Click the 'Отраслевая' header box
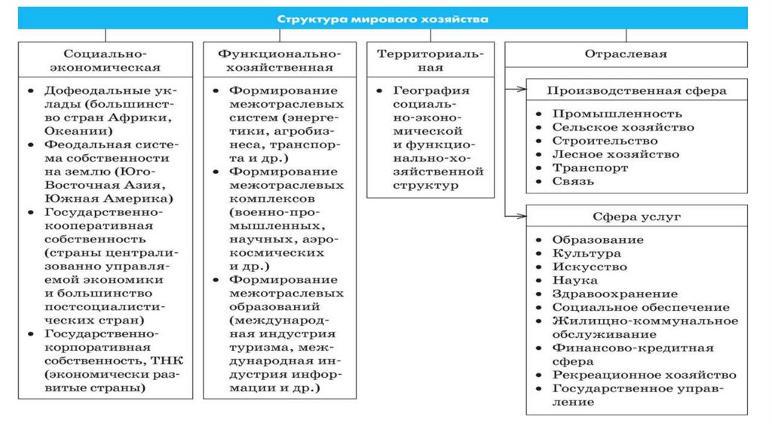coord(625,54)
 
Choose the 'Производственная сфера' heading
coord(636,90)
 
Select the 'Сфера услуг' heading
coord(636,216)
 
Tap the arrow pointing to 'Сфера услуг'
coord(517,216)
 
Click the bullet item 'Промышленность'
coord(617,114)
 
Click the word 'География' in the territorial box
coord(430,90)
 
